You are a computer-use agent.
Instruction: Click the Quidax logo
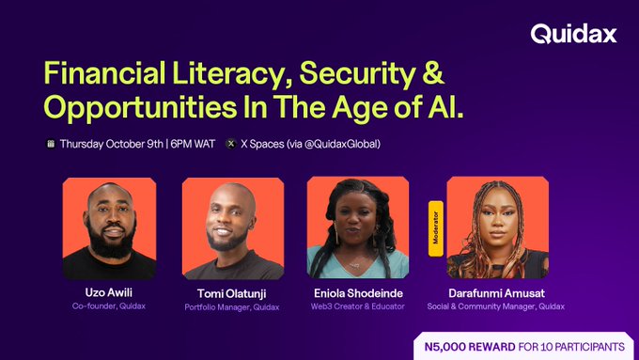point(573,35)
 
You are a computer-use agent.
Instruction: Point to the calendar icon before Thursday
point(51,145)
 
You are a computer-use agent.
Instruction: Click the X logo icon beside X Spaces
point(231,145)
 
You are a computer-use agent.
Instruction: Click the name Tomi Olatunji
point(228,294)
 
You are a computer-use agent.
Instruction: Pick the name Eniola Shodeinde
point(352,293)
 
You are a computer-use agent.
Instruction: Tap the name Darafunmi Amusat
point(496,293)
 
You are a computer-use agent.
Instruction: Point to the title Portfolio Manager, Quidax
point(228,307)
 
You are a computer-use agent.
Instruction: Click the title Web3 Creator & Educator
point(352,306)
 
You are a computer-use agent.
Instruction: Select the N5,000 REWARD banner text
point(522,345)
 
